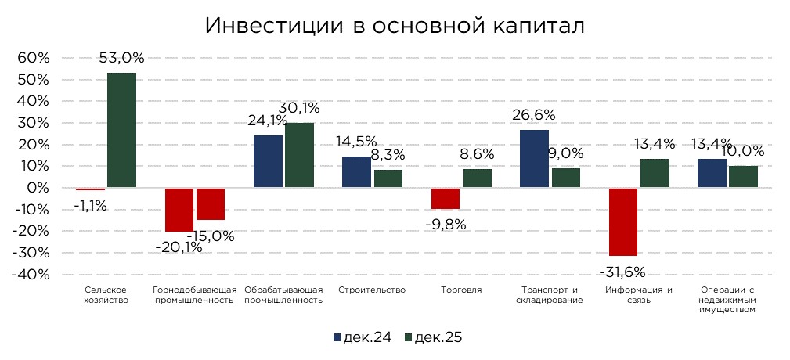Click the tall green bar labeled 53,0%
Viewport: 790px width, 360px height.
121,130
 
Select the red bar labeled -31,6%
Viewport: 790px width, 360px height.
623,221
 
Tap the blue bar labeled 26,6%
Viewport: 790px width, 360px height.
534,159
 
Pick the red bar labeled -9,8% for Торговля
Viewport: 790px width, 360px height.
446,199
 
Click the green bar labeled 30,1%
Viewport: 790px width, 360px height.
299,155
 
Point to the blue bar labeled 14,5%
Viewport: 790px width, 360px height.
356,172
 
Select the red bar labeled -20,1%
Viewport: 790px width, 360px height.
179,210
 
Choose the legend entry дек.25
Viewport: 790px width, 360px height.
431,337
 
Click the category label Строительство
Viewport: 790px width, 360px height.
372,290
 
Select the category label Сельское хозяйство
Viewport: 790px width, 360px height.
106,295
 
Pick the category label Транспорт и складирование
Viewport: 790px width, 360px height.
549,295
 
